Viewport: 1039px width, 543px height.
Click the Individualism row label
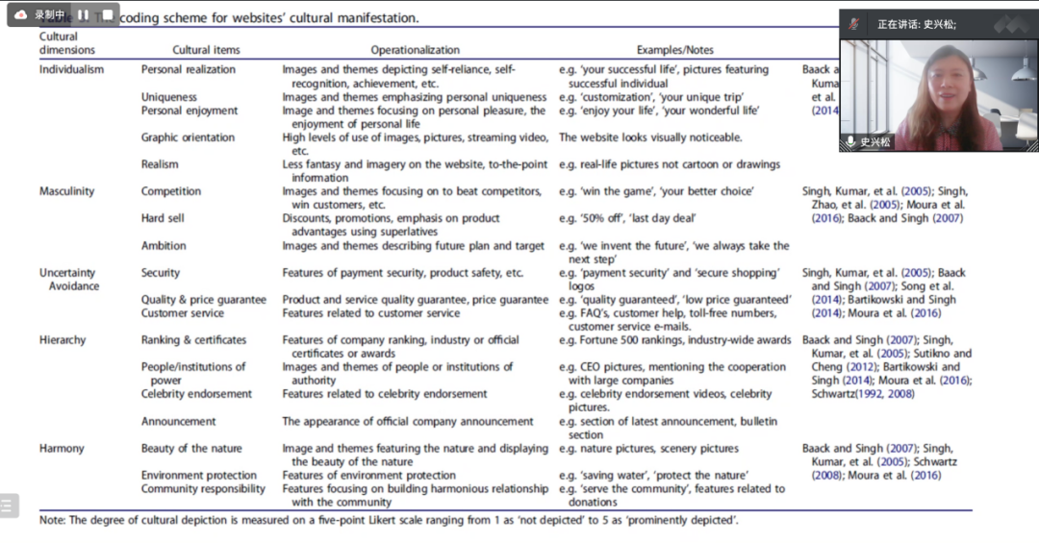point(71,70)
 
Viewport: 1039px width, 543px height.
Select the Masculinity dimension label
point(66,191)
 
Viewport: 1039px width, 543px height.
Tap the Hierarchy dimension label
point(63,340)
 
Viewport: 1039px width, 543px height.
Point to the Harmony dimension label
point(62,449)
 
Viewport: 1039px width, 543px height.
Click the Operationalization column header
point(415,50)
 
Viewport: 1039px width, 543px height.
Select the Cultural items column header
point(206,50)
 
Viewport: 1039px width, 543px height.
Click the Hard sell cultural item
point(165,219)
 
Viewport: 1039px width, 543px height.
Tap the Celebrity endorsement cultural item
point(196,394)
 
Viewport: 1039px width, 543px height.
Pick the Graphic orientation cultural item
point(188,137)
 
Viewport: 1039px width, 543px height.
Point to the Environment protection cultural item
point(198,476)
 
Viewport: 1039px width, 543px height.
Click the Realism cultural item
point(160,165)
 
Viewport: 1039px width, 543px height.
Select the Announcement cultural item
point(179,422)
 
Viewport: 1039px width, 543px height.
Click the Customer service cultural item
point(182,313)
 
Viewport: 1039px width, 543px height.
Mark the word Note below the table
point(52,521)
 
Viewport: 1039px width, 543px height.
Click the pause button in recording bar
point(83,14)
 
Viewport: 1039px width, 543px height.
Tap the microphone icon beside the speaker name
point(850,141)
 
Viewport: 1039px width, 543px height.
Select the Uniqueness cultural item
point(168,97)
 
